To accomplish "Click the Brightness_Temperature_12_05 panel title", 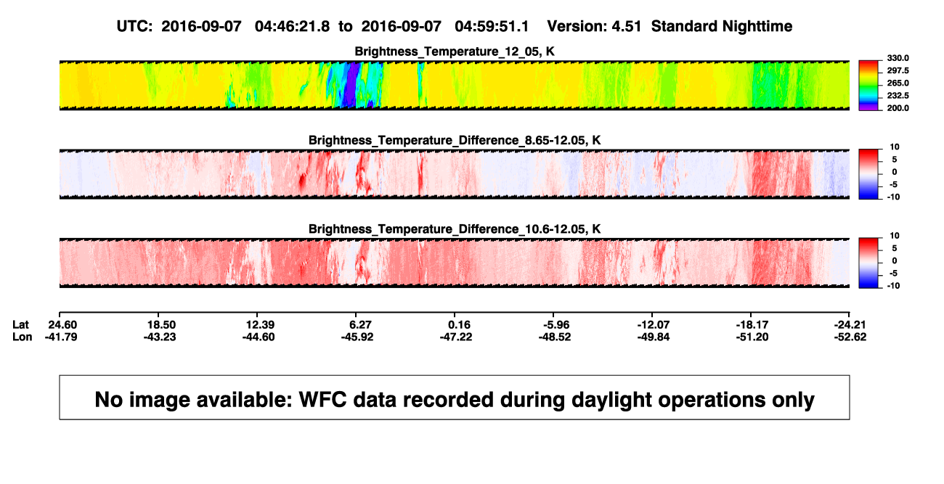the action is coord(455,52).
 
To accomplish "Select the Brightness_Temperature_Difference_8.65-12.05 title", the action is coord(455,140).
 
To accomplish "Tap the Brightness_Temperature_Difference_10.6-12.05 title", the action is coord(455,229).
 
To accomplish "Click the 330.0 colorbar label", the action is coord(898,58).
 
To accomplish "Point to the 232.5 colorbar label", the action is coord(898,96).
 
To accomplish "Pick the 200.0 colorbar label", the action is coord(898,108).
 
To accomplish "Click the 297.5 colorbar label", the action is coord(898,71).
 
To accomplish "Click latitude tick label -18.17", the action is coord(752,325).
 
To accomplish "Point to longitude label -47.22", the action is coord(456,337).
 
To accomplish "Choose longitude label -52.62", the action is coord(850,337).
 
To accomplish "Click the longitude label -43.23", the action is coord(160,337).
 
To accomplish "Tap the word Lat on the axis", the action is coord(20,325).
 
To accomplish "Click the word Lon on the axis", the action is coord(23,337).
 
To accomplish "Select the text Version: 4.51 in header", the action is coord(594,27).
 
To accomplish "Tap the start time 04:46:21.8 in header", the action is coord(292,27).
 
